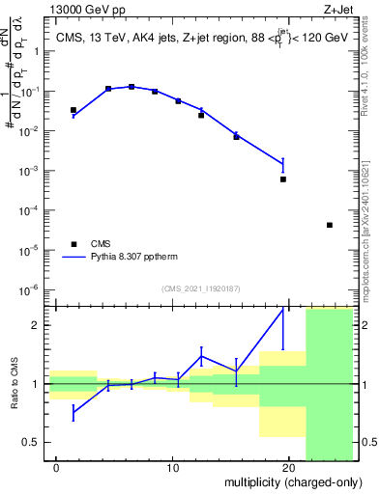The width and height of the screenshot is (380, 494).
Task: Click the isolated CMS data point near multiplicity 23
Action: tap(330, 225)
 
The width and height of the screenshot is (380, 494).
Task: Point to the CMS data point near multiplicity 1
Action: tap(73, 110)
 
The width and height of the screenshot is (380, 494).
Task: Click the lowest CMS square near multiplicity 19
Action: tap(283, 179)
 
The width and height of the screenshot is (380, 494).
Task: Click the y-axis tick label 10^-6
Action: tap(30, 289)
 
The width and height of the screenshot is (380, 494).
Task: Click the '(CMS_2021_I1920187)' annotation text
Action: tap(201, 288)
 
